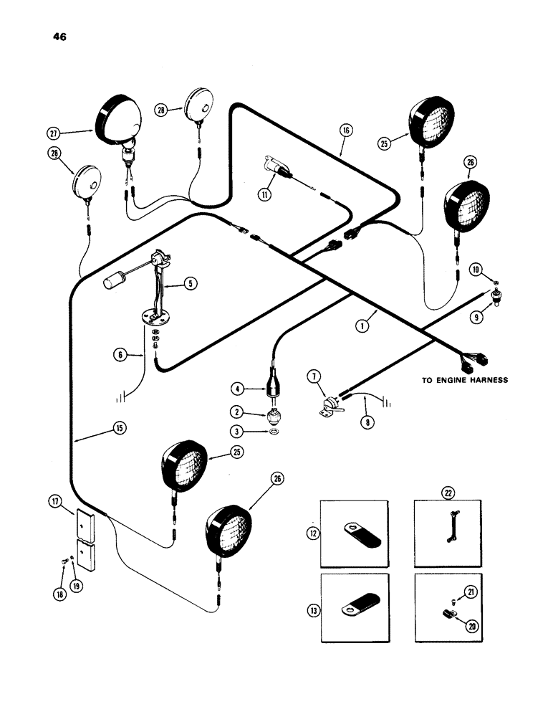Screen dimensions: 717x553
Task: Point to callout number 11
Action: pos(266,193)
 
